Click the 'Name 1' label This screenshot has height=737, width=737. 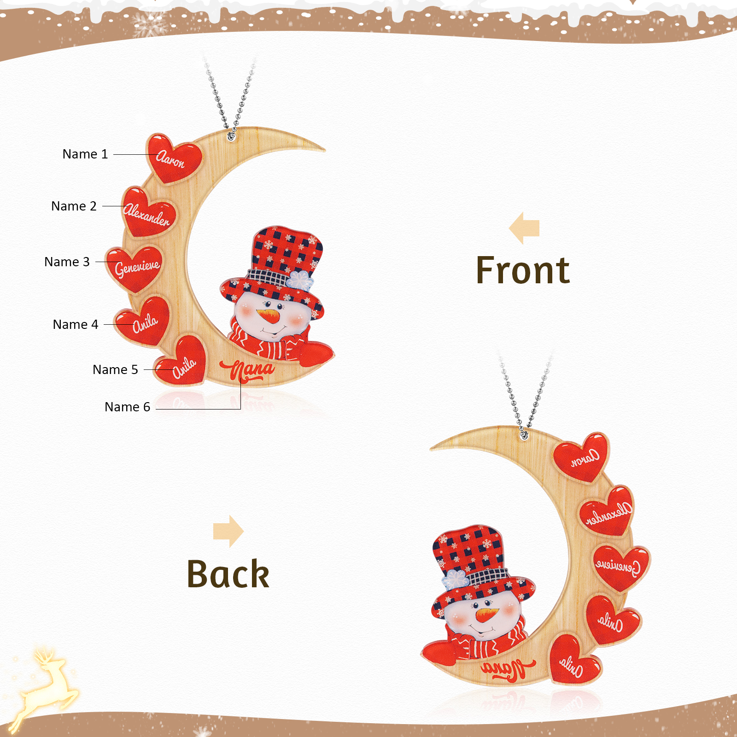point(85,154)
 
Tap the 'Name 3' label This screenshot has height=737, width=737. point(67,262)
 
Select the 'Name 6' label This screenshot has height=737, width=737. point(127,407)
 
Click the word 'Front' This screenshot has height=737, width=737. point(523,270)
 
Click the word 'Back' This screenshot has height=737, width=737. point(228,574)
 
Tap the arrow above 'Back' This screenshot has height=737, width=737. point(228,532)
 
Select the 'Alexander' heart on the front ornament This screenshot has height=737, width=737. point(148,213)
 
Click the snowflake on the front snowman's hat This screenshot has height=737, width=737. point(300,280)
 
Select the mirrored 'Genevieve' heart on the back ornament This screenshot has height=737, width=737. point(620,567)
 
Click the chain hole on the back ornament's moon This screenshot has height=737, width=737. point(524,434)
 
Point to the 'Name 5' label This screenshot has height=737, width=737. point(115,369)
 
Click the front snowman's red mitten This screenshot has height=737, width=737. point(316,355)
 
